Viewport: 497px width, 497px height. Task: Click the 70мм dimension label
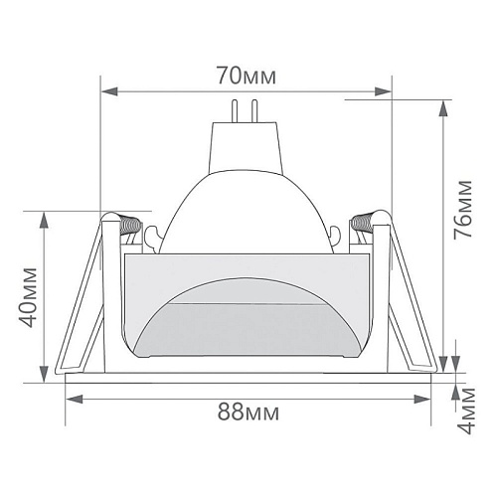(247, 76)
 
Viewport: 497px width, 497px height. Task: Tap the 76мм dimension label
(462, 209)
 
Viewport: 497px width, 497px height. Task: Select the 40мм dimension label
(27, 297)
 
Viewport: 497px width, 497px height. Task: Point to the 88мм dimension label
(248, 413)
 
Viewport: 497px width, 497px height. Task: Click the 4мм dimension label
(466, 411)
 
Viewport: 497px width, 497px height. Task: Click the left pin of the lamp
(235, 110)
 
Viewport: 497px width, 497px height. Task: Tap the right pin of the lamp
(254, 110)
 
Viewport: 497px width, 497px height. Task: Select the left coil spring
(131, 225)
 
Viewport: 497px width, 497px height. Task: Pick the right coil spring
(362, 224)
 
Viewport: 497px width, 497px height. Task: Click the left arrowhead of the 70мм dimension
(109, 91)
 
